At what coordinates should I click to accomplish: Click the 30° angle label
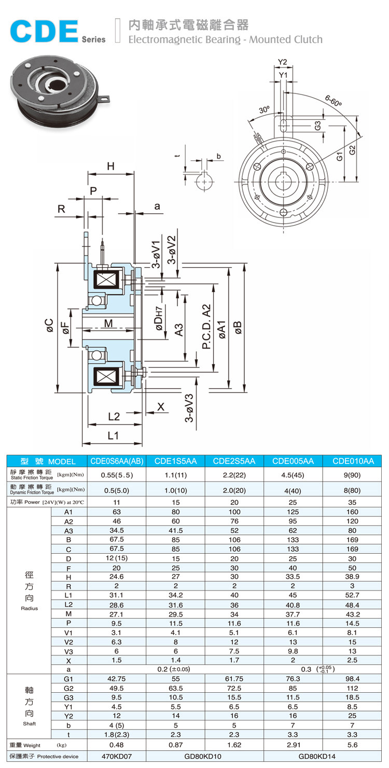[x=265, y=110]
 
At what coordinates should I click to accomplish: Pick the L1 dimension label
[x=113, y=435]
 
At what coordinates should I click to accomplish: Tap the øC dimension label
[x=49, y=325]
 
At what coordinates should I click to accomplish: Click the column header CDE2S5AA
[x=234, y=461]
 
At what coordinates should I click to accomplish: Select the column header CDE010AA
[x=353, y=461]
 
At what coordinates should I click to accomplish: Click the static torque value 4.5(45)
[x=293, y=475]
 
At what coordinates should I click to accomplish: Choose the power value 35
[x=353, y=502]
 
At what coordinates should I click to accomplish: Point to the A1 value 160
[x=353, y=512]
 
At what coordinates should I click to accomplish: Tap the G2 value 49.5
[x=117, y=688]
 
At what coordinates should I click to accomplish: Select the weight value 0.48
[x=117, y=745]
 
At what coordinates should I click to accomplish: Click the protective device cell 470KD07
[x=117, y=757]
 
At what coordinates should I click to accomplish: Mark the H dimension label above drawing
[x=110, y=166]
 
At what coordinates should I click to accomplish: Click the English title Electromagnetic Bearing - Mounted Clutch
[x=225, y=39]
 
